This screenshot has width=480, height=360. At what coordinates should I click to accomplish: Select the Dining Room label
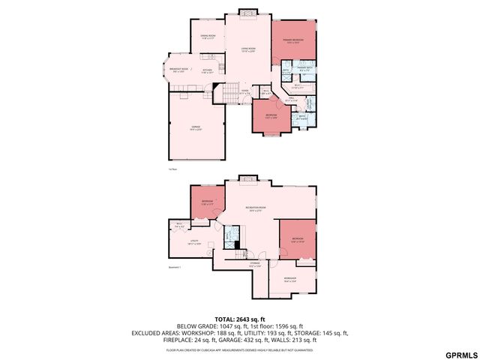(207, 37)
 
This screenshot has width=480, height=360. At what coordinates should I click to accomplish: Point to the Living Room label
(248, 49)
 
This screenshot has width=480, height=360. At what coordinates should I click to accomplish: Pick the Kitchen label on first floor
(207, 71)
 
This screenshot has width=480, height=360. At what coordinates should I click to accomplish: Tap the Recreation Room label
(256, 209)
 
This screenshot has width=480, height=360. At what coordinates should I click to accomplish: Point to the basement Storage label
(255, 264)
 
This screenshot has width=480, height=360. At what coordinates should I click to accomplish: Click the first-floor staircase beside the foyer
(226, 94)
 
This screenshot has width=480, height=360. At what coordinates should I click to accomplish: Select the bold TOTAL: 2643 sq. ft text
(240, 319)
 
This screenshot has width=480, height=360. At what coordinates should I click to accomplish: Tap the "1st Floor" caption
(172, 170)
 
